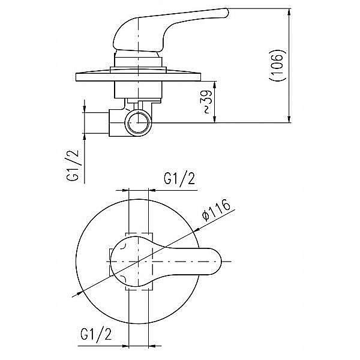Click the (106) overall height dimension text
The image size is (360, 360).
tap(278, 65)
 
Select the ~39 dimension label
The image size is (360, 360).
tap(206, 102)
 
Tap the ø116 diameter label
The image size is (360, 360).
tap(216, 210)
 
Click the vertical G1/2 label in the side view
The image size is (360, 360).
tap(73, 166)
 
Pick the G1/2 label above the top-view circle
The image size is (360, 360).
tap(179, 178)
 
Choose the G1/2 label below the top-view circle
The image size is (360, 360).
tap(96, 334)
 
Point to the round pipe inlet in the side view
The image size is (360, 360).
tap(138, 122)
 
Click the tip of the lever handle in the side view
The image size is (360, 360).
tap(227, 13)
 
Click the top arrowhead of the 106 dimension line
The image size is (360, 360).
tap(289, 11)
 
